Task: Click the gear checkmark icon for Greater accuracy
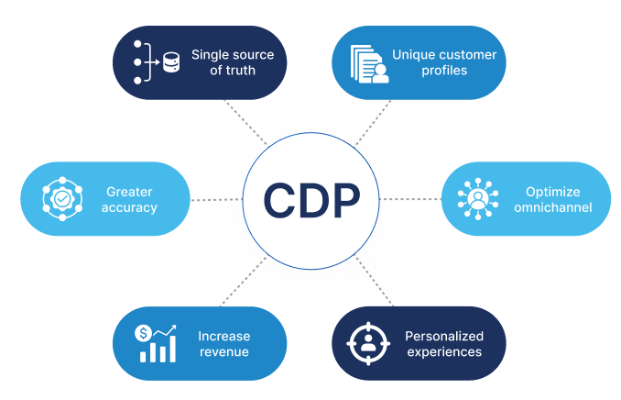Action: pos(61,199)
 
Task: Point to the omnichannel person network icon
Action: pos(476,199)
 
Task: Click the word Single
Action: pos(210,55)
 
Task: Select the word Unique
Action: pos(414,55)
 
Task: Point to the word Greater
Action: pos(131,191)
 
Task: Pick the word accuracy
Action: pos(131,207)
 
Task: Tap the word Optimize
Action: pos(552,191)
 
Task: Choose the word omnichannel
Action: pos(552,207)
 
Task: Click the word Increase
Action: pos(223,335)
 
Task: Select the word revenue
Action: pos(223,351)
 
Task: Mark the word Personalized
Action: pos(443,335)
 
